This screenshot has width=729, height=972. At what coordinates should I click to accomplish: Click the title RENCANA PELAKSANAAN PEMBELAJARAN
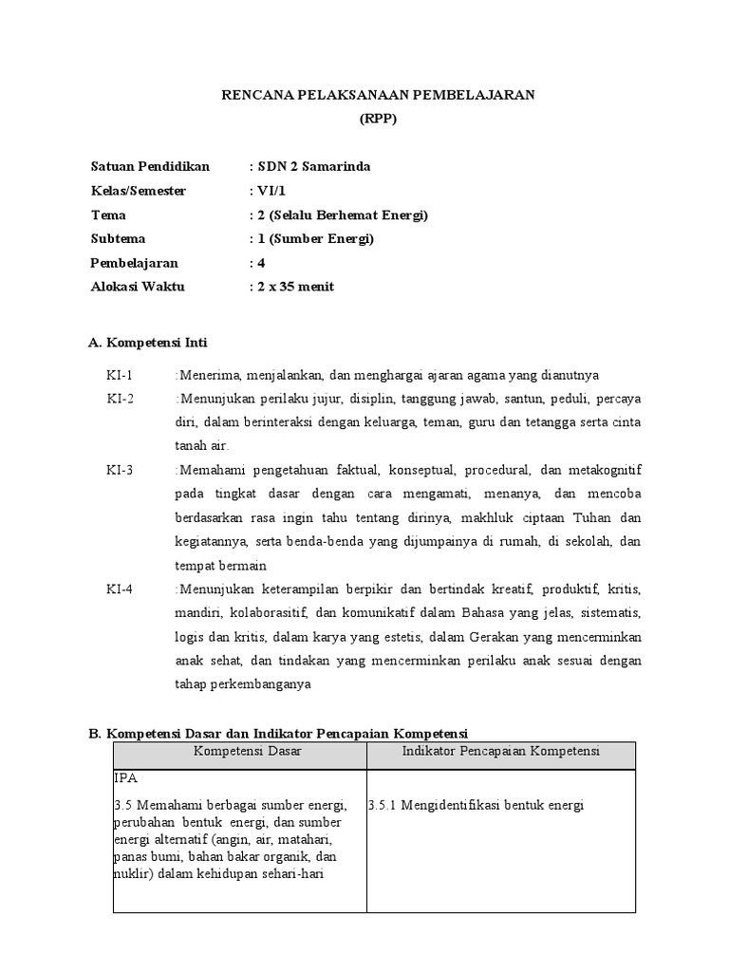379,95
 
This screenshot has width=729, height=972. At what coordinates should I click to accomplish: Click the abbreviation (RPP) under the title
378,119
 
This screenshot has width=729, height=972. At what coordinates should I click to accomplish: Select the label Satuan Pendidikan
149,167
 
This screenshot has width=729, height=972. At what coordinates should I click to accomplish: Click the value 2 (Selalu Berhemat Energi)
338,215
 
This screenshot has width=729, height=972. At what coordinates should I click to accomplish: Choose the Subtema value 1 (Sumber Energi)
311,238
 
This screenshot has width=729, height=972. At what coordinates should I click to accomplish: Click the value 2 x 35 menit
290,286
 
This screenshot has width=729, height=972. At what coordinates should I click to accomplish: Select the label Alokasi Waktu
137,286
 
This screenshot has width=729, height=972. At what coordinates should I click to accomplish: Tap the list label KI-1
120,374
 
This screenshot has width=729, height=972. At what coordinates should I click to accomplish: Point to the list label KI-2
120,398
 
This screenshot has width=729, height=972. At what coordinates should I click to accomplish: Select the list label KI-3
120,469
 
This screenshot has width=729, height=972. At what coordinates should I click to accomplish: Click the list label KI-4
120,589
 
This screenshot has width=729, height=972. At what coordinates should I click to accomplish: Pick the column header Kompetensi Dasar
239,752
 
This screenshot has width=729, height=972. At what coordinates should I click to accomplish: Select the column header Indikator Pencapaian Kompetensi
500,752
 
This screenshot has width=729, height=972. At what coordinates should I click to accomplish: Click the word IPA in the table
125,777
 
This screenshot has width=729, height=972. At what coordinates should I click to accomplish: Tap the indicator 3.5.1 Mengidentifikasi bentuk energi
476,806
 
